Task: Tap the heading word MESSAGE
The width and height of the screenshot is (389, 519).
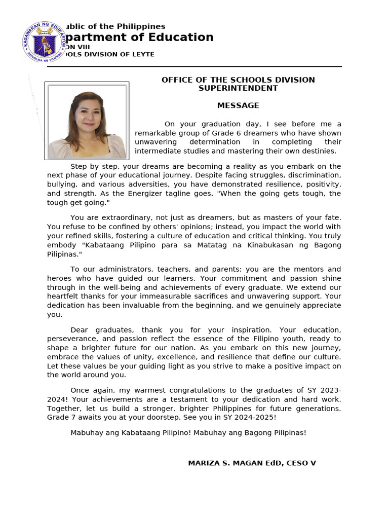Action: [x=238, y=105]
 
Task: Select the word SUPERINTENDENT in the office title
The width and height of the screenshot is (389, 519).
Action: [x=238, y=88]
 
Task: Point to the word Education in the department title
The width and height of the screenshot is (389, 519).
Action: [x=181, y=38]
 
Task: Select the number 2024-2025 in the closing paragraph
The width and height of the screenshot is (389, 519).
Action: [x=257, y=417]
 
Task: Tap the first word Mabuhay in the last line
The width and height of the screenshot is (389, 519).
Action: [x=86, y=433]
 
